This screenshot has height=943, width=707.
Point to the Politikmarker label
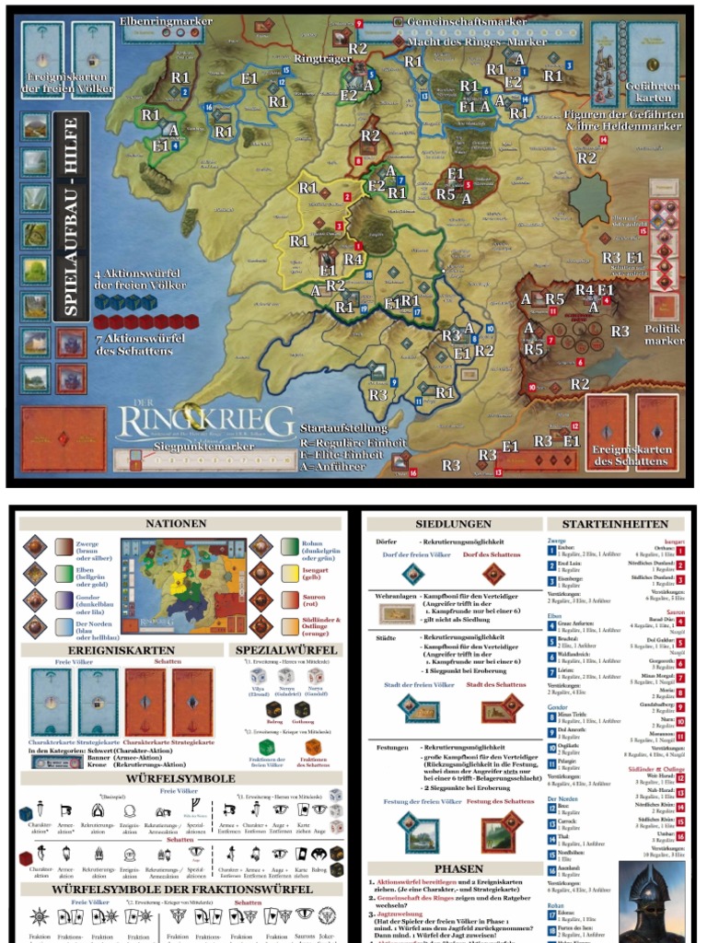point(664,333)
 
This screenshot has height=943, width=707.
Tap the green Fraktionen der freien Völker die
point(266,747)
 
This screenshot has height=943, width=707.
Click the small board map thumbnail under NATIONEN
point(183,587)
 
